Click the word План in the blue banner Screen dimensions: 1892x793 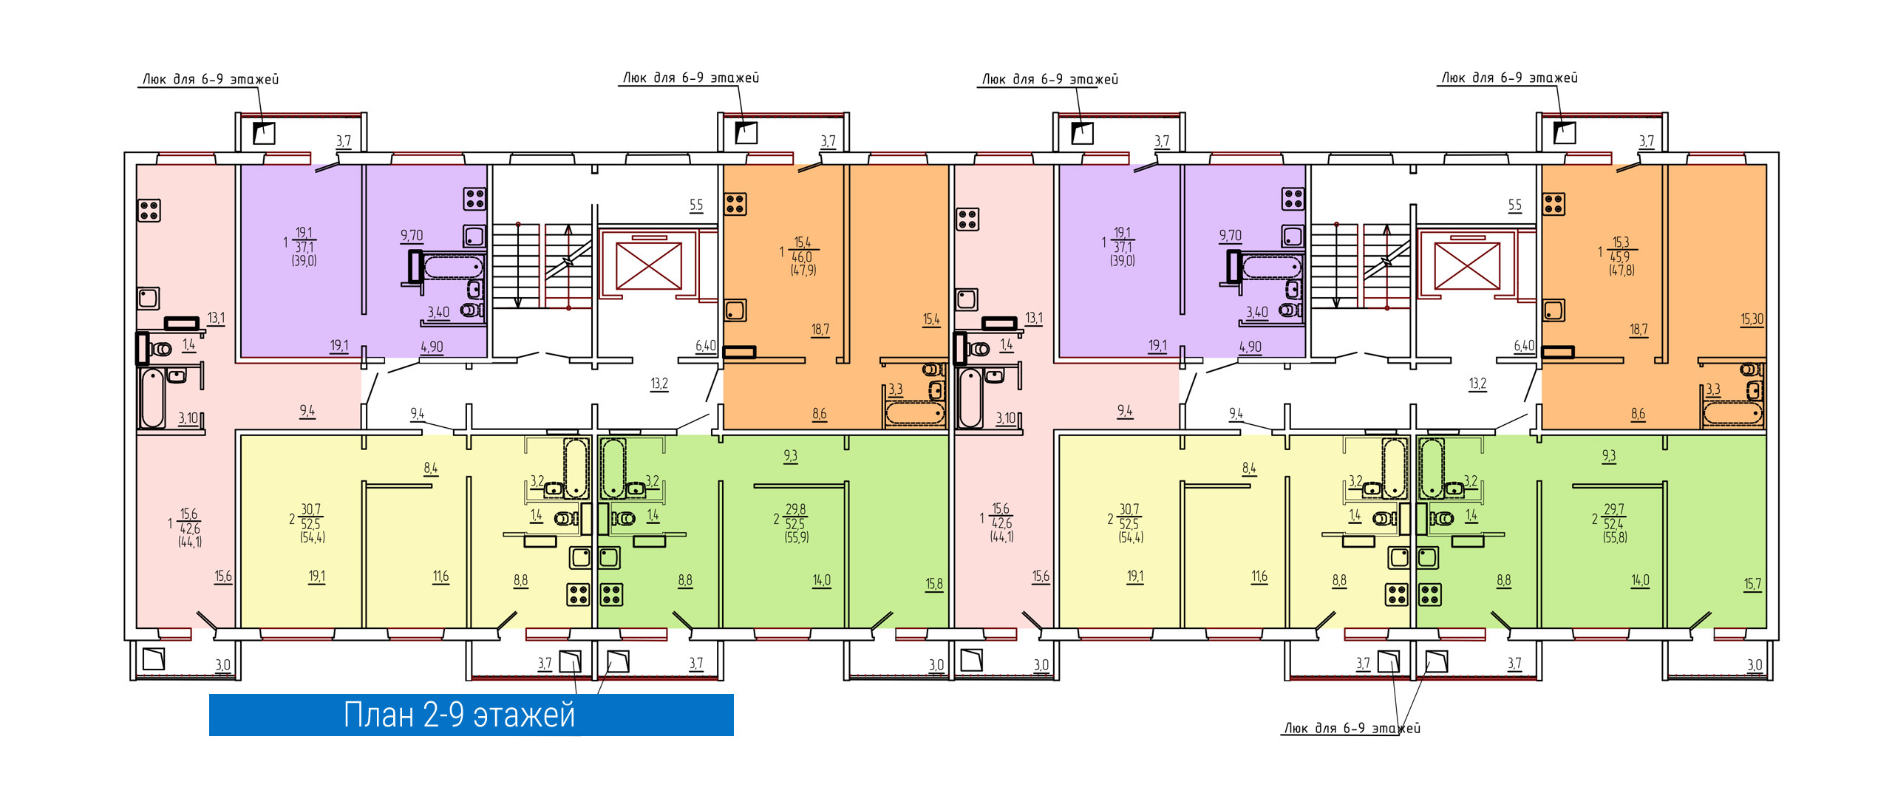pos(378,715)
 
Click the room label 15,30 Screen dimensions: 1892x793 pos(1752,319)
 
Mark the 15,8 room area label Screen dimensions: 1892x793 pos(934,584)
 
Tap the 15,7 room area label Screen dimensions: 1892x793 pos(1752,584)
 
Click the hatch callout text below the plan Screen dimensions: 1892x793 pos(1352,728)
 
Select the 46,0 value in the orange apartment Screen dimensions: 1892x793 pos(802,257)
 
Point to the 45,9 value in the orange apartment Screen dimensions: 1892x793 pos(1620,257)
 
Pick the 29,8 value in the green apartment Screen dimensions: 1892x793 pos(796,509)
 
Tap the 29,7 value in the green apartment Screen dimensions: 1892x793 pos(1614,509)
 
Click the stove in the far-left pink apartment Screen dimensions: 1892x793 pos(149,211)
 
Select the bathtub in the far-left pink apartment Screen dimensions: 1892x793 pos(153,398)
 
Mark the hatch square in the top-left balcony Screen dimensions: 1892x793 pos(264,133)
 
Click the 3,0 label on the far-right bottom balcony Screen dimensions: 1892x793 pos(1755,665)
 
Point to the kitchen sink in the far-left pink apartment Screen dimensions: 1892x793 pos(149,298)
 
